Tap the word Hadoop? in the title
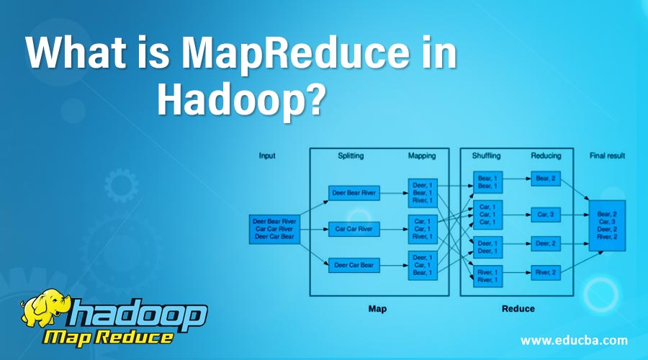tap(240, 100)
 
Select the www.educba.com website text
tap(574, 340)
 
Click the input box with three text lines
tap(274, 229)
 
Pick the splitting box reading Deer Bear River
tap(354, 193)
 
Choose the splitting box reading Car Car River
tap(354, 229)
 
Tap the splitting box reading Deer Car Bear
tap(354, 265)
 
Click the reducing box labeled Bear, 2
tap(546, 179)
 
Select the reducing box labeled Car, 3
tap(546, 215)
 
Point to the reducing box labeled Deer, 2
tap(546, 243)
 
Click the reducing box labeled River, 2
tap(546, 272)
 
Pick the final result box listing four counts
tap(607, 225)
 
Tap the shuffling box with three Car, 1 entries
tap(487, 215)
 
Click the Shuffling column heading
tap(487, 156)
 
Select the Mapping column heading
tap(422, 156)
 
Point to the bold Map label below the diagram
tap(378, 309)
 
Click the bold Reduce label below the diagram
tap(518, 309)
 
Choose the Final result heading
tap(607, 156)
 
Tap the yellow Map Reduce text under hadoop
tap(108, 338)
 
